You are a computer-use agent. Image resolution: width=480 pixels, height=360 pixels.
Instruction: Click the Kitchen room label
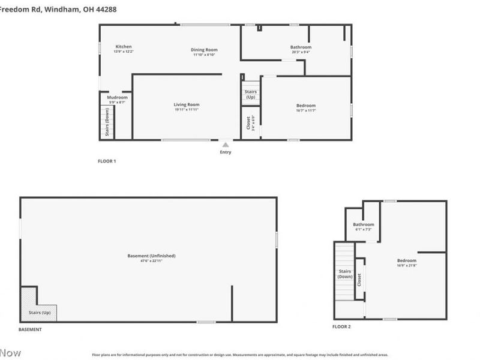124,47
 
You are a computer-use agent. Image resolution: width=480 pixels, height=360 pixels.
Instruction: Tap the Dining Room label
204,50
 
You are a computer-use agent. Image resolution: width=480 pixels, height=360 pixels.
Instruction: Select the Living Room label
187,105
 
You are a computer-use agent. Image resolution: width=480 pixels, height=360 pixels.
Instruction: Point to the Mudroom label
118,97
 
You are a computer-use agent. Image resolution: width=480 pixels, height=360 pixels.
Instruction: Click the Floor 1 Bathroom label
301,47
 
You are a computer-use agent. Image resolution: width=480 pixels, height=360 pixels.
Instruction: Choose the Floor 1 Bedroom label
306,106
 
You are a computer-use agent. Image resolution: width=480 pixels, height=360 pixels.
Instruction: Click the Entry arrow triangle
225,144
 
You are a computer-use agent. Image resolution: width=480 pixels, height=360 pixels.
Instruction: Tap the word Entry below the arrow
225,152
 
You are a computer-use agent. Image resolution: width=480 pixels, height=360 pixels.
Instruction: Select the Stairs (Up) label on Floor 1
251,94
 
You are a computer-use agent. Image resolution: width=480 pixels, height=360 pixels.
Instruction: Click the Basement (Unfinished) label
152,256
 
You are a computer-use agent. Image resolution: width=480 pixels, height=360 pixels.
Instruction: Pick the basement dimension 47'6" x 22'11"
152,261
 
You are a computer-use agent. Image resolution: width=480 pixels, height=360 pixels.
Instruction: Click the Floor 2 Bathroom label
363,224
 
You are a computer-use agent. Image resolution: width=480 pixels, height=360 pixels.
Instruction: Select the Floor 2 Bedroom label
406,260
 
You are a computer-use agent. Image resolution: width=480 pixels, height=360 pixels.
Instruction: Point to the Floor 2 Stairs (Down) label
344,274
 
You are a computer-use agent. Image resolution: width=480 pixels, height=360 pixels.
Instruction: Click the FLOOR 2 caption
341,326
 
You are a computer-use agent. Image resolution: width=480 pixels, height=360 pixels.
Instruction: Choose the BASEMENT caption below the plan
30,330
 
